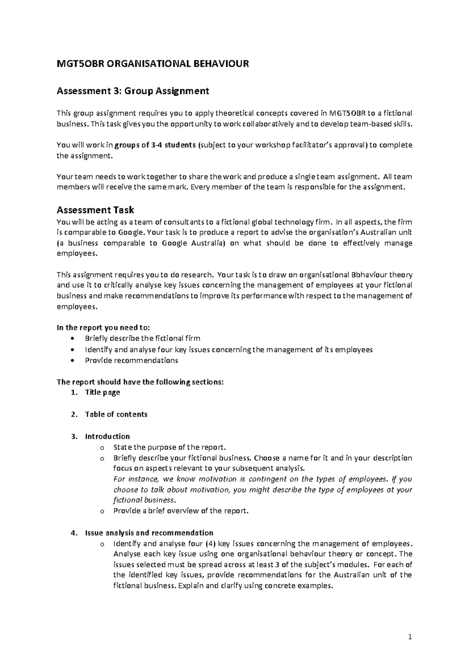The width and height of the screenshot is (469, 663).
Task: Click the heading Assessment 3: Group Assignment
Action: [x=133, y=91]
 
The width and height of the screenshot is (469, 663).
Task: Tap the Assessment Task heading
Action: [x=95, y=210]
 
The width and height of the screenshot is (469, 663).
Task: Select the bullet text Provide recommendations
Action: [x=131, y=360]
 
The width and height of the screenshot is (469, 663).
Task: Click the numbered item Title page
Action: [x=102, y=392]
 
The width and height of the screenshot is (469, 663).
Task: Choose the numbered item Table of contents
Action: [x=116, y=414]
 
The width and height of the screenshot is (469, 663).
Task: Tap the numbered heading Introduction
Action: [x=107, y=436]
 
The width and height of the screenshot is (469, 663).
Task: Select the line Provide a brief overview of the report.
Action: [x=181, y=511]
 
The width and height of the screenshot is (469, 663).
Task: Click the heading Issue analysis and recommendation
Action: [x=149, y=533]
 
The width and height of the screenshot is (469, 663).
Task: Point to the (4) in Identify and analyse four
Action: [x=210, y=544]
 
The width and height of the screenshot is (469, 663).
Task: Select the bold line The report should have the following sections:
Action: [x=140, y=382]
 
